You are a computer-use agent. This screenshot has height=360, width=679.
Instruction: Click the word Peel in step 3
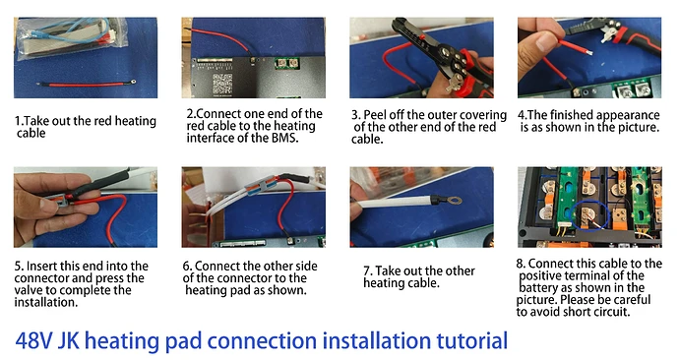(x=380, y=114)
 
